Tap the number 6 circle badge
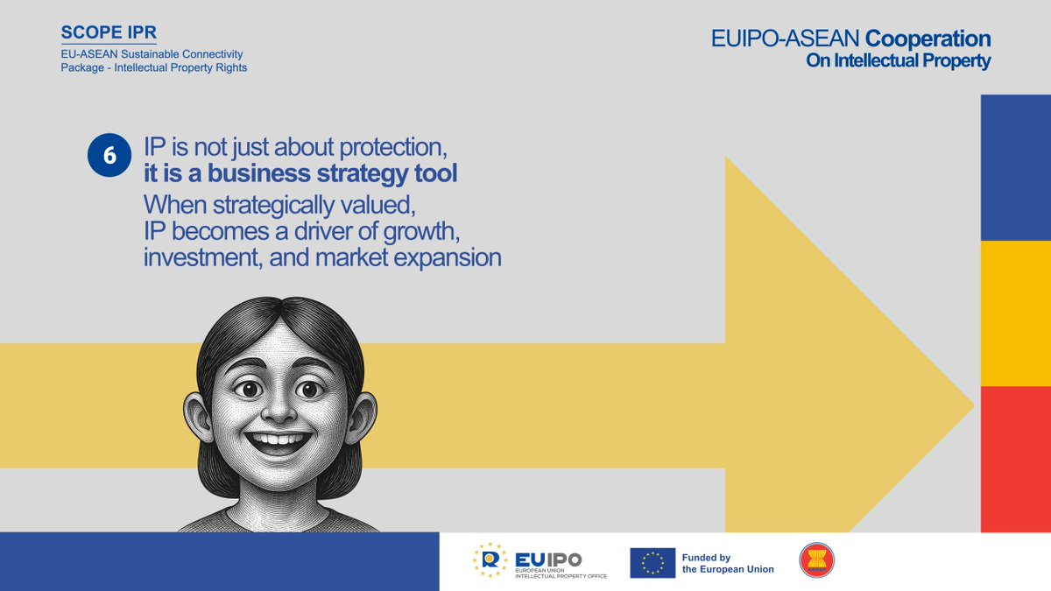pos(109,155)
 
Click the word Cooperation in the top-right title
pos(928,39)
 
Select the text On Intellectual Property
pos(898,61)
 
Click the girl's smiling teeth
pos(279,438)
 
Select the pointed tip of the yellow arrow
pos(971,405)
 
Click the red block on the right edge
pos(1015,458)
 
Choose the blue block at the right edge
pos(1015,167)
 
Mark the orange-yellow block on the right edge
pos(1015,313)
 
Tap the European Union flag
pos(652,563)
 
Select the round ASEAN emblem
pos(816,560)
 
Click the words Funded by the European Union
pos(727,563)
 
